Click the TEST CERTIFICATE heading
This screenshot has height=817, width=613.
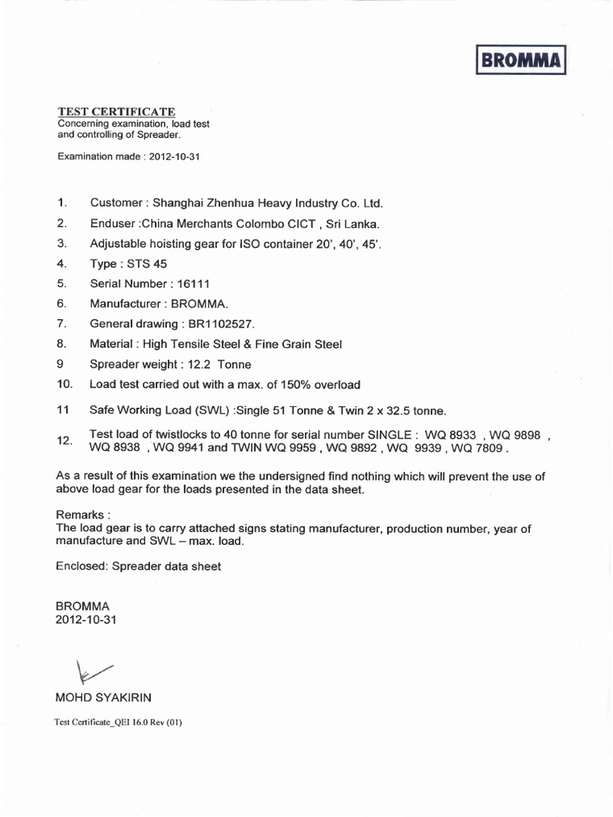point(116,111)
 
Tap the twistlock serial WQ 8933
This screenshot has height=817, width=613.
point(450,435)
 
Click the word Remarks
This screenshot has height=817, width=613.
point(81,515)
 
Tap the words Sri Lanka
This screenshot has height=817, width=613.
point(353,223)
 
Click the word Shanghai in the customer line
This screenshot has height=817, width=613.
point(181,203)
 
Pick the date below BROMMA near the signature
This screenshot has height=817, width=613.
point(86,620)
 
